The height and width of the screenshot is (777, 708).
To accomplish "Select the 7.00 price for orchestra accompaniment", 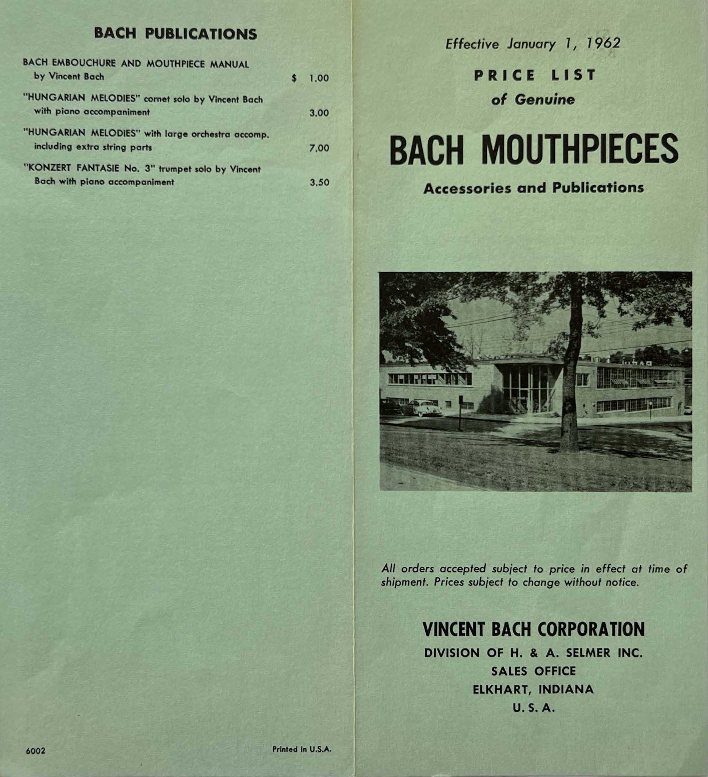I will click(319, 148).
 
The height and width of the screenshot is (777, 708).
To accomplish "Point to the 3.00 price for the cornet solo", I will click(319, 113).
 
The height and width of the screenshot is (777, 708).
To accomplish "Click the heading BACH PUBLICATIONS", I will click(175, 34).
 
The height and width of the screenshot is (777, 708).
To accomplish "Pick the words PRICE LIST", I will click(535, 75).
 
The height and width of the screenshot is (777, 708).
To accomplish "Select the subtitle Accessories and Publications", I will click(533, 188).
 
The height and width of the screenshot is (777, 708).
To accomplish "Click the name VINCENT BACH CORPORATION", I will click(533, 629).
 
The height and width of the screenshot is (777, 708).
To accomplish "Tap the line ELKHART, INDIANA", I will click(533, 690).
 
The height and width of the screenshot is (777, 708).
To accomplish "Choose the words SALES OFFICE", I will click(533, 671).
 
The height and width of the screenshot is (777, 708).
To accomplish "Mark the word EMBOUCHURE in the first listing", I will click(85, 64).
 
